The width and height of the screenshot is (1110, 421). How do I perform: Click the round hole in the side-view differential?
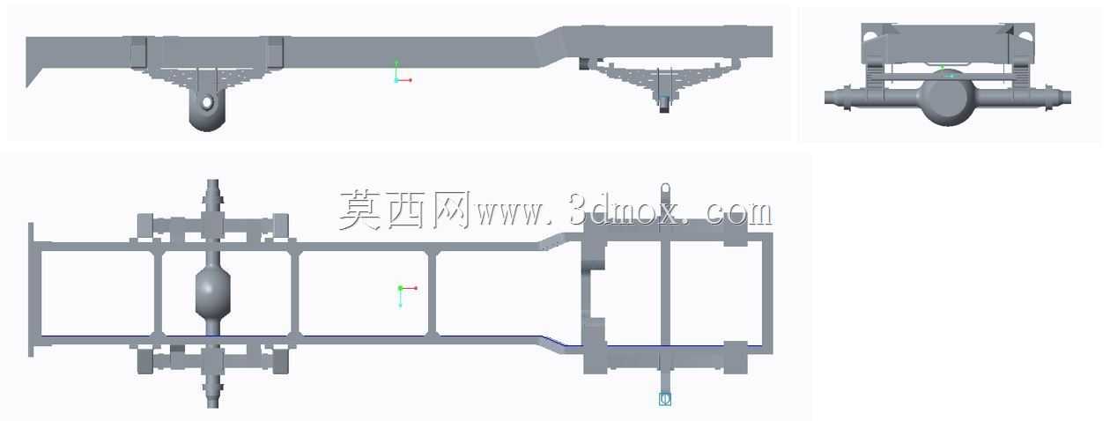[207, 102]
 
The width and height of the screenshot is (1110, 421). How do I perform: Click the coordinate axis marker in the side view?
[403, 72]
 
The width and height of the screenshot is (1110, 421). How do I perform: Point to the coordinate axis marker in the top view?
[407, 295]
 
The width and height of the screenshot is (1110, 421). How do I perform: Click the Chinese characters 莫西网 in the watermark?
[404, 210]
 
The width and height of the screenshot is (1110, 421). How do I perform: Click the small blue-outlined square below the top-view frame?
[665, 399]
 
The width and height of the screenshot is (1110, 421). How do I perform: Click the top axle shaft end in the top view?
[212, 188]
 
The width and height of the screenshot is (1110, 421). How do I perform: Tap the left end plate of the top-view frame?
[31, 290]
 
